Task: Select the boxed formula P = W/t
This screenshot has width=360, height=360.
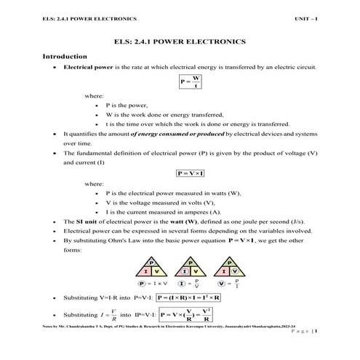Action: click(191, 81)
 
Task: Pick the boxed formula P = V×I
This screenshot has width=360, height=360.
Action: click(191, 173)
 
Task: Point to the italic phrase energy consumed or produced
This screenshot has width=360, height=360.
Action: click(175, 135)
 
